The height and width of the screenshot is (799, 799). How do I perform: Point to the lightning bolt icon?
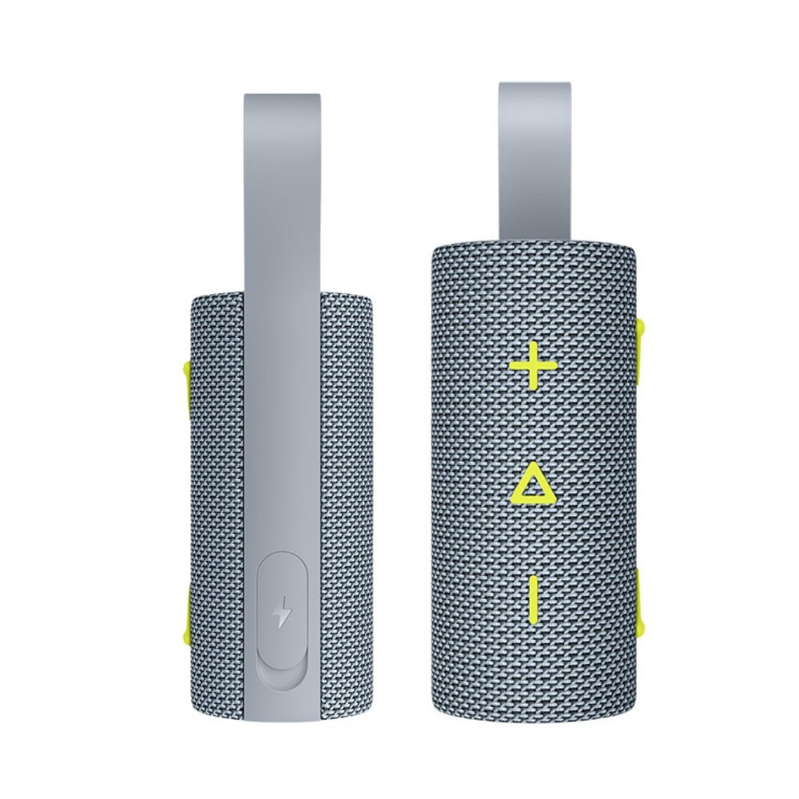pyautogui.click(x=282, y=614)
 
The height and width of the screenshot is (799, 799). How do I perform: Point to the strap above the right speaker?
pyautogui.click(x=535, y=160)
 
